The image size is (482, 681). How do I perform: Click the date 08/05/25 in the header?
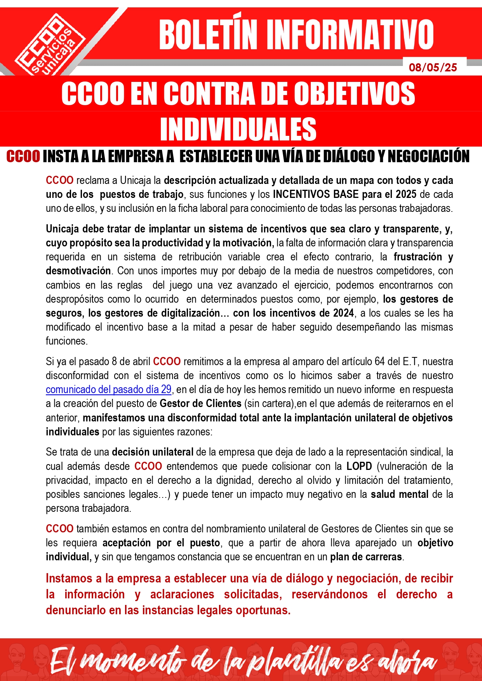pyautogui.click(x=433, y=68)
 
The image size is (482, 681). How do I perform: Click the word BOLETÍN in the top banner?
pyautogui.click(x=208, y=35)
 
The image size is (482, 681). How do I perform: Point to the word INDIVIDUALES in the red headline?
pyautogui.click(x=238, y=129)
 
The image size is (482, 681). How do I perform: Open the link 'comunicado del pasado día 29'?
pyautogui.click(x=108, y=389)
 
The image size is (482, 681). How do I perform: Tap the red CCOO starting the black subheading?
pyautogui.click(x=23, y=156)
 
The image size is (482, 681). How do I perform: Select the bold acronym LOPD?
pyautogui.click(x=359, y=466)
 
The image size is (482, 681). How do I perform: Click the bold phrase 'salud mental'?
pyautogui.click(x=399, y=494)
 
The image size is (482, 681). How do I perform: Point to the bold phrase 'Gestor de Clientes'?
pyautogui.click(x=200, y=403)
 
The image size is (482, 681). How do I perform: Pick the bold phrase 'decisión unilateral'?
pyautogui.click(x=152, y=452)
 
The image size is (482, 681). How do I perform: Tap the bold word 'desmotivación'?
pyautogui.click(x=78, y=270)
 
